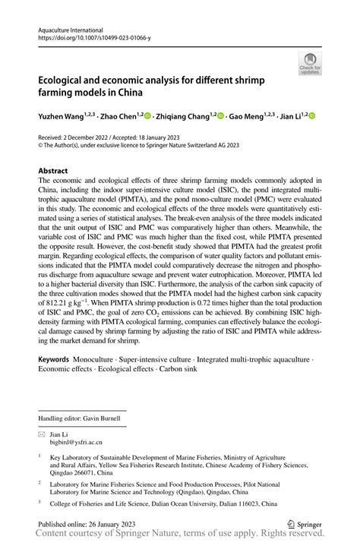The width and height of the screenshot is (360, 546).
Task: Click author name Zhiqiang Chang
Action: click(x=185, y=117)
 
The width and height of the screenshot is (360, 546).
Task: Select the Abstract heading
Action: click(x=53, y=172)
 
